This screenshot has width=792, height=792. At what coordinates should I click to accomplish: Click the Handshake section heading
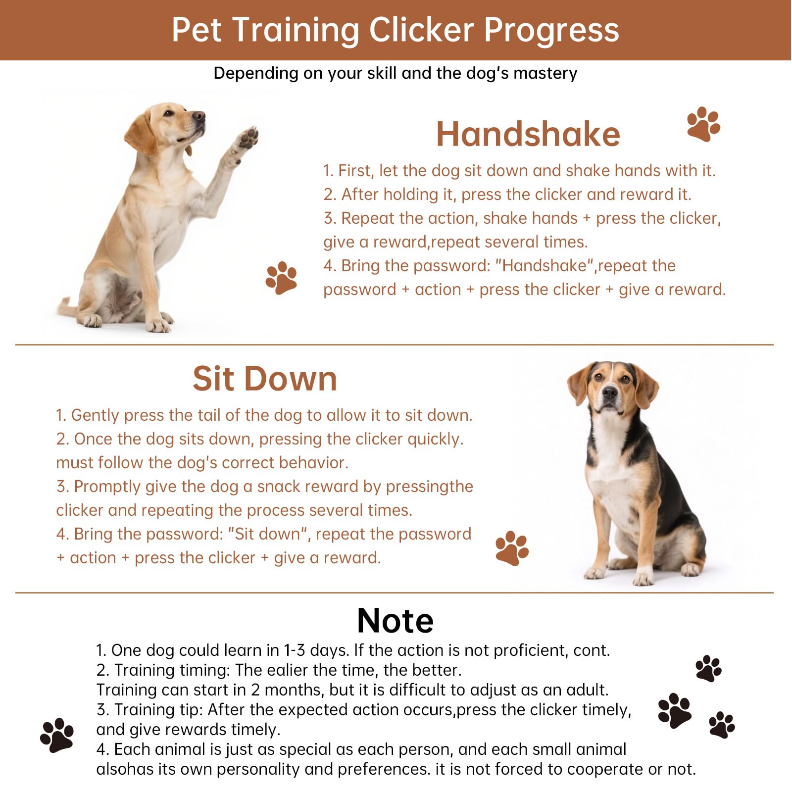point(528,135)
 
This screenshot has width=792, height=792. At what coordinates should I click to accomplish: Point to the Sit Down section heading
point(265,379)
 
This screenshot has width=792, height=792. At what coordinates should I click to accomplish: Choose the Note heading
point(395,620)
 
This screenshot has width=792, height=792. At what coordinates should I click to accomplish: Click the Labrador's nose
point(199,117)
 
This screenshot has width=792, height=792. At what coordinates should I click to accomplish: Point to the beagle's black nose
point(609,394)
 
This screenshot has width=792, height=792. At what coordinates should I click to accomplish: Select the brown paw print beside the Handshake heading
point(703,124)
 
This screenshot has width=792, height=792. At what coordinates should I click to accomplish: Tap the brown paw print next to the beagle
point(512,548)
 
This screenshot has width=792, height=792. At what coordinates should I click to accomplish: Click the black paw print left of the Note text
point(57,735)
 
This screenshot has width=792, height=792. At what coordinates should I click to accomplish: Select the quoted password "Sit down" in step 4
point(268,534)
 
